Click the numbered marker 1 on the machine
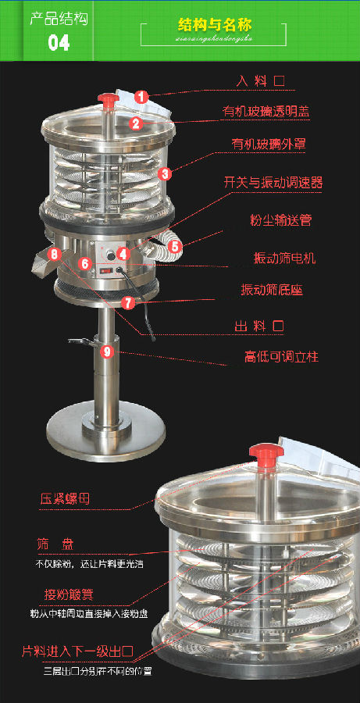141,97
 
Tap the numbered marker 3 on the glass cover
165,173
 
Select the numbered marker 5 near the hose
175,245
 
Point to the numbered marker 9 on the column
107,351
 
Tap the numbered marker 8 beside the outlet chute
54,253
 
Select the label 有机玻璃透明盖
265,112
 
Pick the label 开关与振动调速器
273,183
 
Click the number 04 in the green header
59,42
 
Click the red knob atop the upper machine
107,100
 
